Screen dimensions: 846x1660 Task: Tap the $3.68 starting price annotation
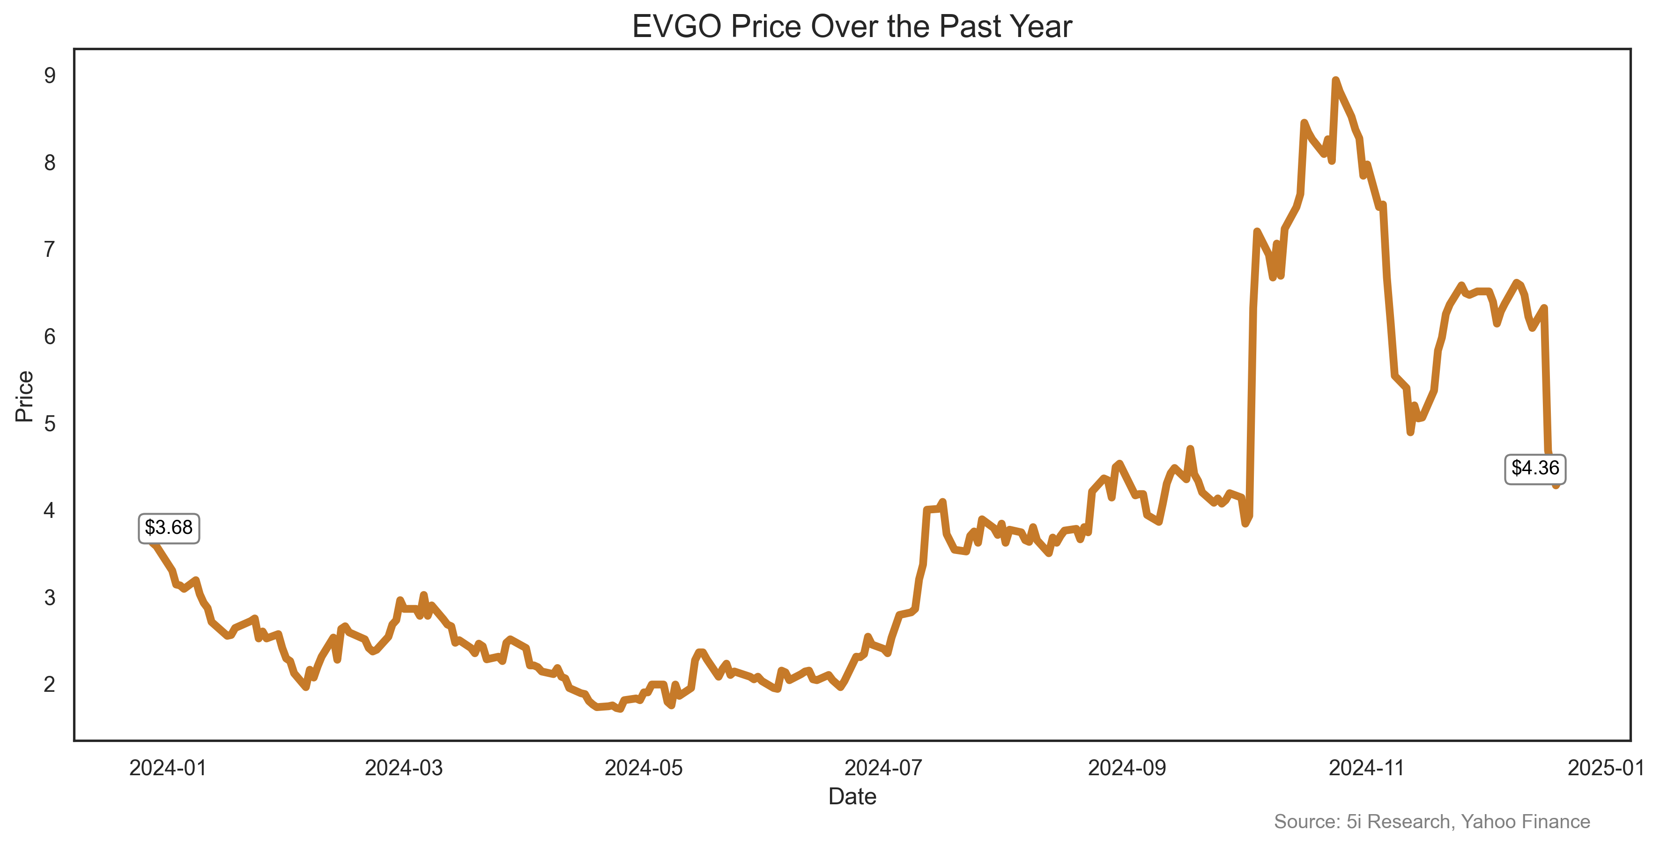(169, 528)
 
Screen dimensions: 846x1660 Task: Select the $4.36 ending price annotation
(1535, 468)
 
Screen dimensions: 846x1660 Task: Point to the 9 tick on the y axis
(50, 76)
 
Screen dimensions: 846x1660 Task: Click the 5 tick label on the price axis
(50, 424)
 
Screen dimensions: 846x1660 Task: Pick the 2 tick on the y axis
(50, 684)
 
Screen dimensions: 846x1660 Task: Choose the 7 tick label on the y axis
(50, 249)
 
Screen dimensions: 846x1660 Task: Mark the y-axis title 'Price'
(24, 396)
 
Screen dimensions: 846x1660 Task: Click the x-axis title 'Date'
(852, 796)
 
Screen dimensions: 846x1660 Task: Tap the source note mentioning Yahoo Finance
(1432, 822)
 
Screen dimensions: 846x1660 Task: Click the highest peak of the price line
(1335, 81)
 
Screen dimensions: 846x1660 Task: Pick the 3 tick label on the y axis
(50, 598)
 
